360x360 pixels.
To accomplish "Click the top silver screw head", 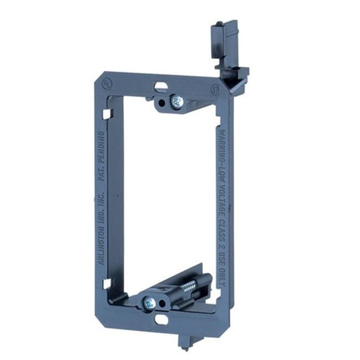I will pyautogui.click(x=177, y=101).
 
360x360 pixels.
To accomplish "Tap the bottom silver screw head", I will pyautogui.click(x=149, y=302).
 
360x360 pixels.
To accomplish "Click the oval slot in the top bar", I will pyautogui.click(x=161, y=86).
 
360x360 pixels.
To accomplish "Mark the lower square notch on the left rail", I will pyautogui.click(x=106, y=283).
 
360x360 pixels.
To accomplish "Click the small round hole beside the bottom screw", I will pyautogui.click(x=163, y=304).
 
